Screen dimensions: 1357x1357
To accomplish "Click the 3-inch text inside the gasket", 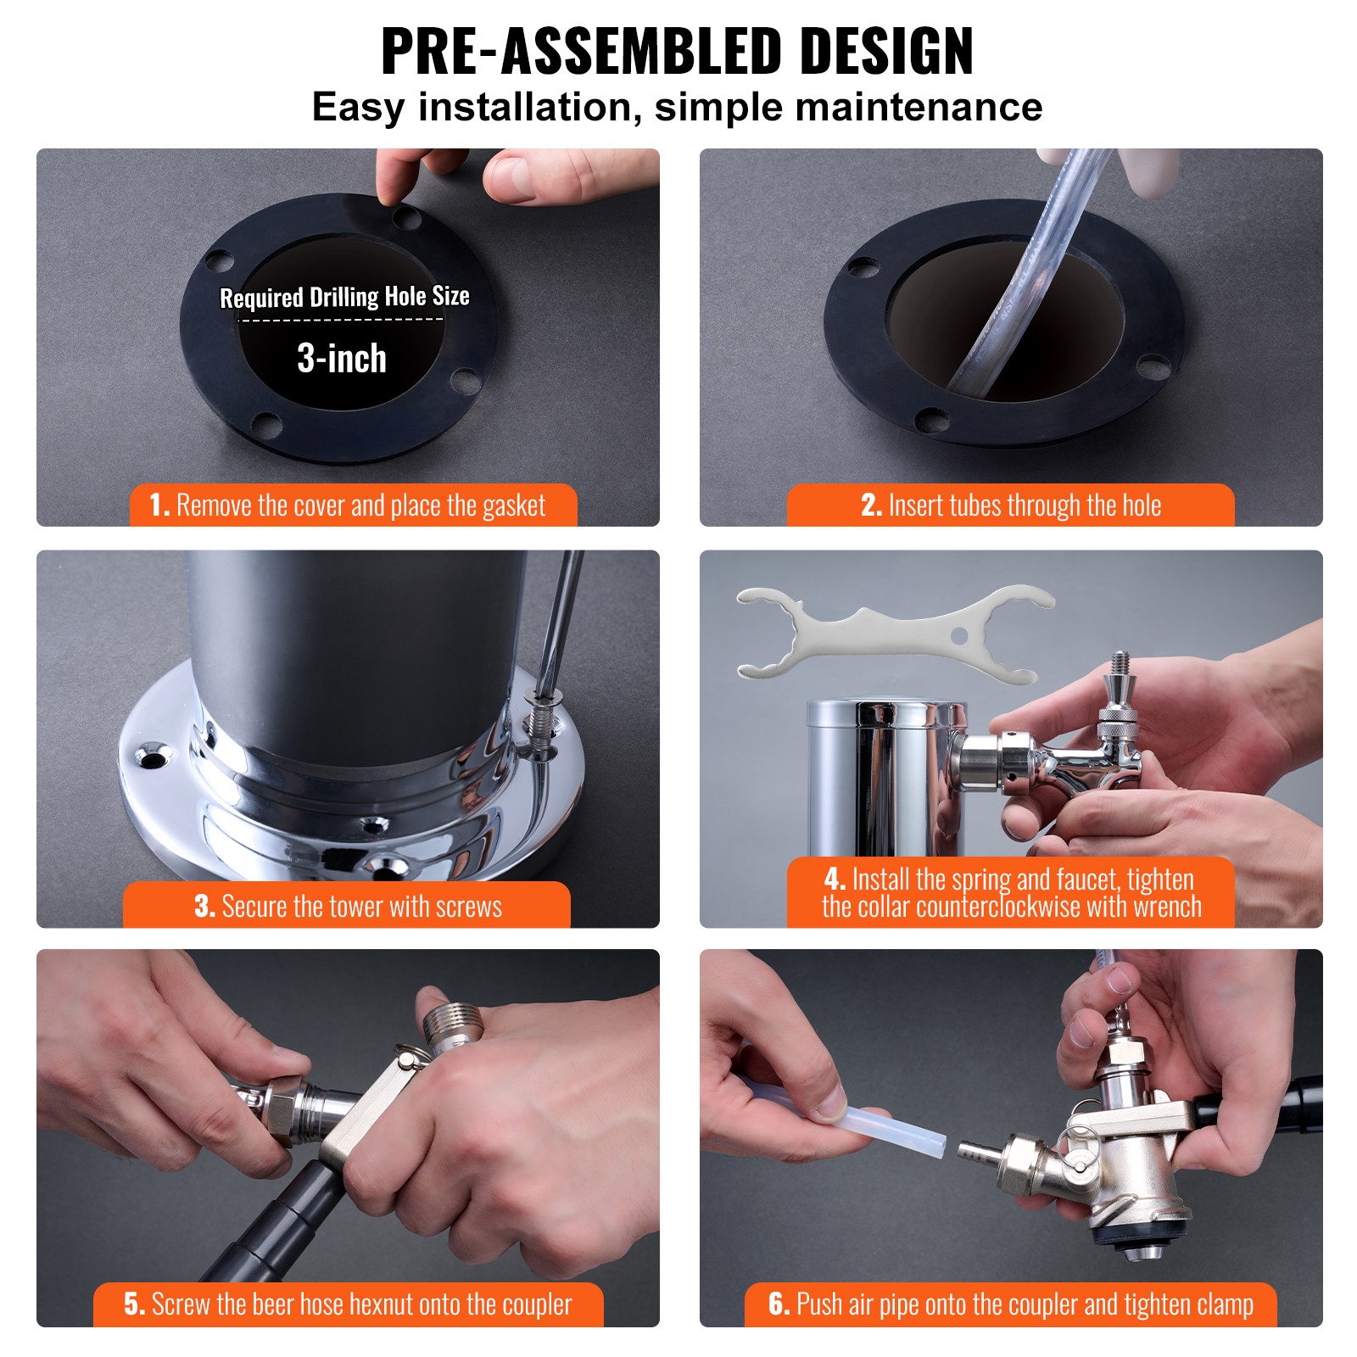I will coord(342,359).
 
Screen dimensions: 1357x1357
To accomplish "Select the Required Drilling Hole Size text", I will coord(344,297).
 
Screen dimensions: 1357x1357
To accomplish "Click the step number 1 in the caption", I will coord(159,505).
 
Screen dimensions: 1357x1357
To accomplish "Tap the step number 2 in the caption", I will coord(871,505).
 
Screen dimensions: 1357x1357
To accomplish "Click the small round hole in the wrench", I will coord(959,635).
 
